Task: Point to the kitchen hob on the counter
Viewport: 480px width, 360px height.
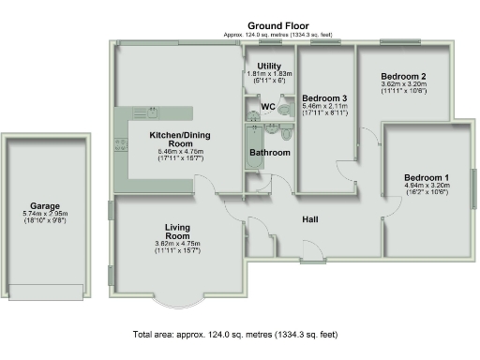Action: (121, 144)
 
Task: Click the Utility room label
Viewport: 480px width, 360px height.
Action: (269, 66)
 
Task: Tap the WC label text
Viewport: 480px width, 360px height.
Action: (268, 107)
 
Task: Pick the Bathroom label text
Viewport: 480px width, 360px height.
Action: (270, 152)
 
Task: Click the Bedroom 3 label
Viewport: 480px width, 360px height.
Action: (324, 98)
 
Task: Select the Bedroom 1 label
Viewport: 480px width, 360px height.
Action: (427, 177)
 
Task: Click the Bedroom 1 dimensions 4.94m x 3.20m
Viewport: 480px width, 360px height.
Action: (427, 186)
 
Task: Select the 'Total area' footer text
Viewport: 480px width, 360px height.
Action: (235, 335)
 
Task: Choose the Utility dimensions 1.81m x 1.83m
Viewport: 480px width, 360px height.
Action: (269, 73)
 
